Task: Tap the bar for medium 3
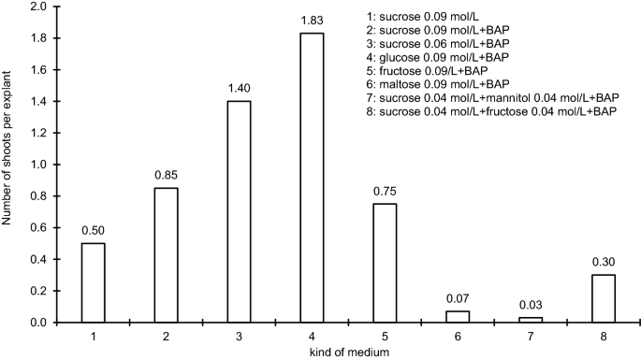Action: [x=239, y=211]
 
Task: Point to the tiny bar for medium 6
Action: [x=457, y=317]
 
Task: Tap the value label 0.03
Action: [x=530, y=306]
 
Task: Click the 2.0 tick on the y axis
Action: [x=39, y=7]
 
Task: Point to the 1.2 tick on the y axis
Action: [x=39, y=133]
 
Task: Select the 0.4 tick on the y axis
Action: [x=39, y=259]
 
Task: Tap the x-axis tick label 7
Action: [x=530, y=335]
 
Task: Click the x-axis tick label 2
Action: [x=167, y=335]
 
